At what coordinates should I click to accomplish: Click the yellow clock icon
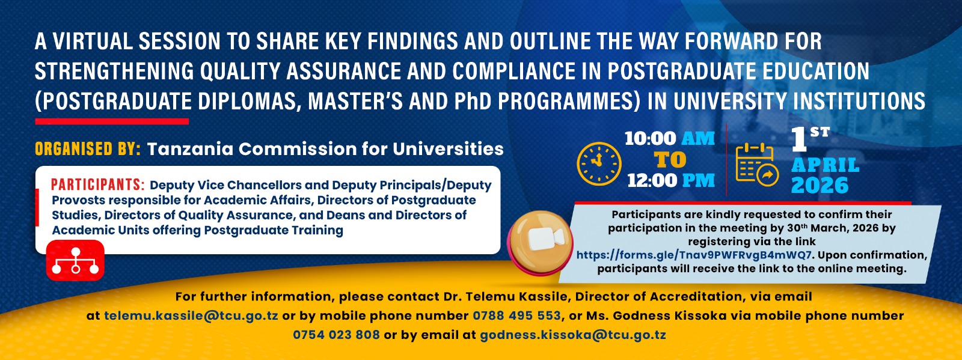point(599,163)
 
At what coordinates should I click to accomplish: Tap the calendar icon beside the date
point(757,165)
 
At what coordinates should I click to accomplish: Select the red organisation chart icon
point(75,261)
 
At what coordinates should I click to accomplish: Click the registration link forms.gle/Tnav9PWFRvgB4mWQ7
point(694,255)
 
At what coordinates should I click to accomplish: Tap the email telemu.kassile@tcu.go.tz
point(191,316)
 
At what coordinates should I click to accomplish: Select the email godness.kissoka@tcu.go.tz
point(572,335)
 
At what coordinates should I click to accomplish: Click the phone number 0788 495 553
point(516,316)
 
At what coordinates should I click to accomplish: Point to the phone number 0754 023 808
point(336,335)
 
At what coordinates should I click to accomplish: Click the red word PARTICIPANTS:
point(97,185)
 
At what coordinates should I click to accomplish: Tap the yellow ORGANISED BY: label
point(87,148)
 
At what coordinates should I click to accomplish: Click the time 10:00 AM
point(669,138)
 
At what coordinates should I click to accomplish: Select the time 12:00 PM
point(671,180)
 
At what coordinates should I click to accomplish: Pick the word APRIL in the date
point(825,165)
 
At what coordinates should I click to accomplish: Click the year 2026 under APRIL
point(820,186)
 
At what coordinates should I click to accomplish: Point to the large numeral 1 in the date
point(798,139)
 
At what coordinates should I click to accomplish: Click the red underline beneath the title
point(112,121)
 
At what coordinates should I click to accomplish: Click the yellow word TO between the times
point(670,160)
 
